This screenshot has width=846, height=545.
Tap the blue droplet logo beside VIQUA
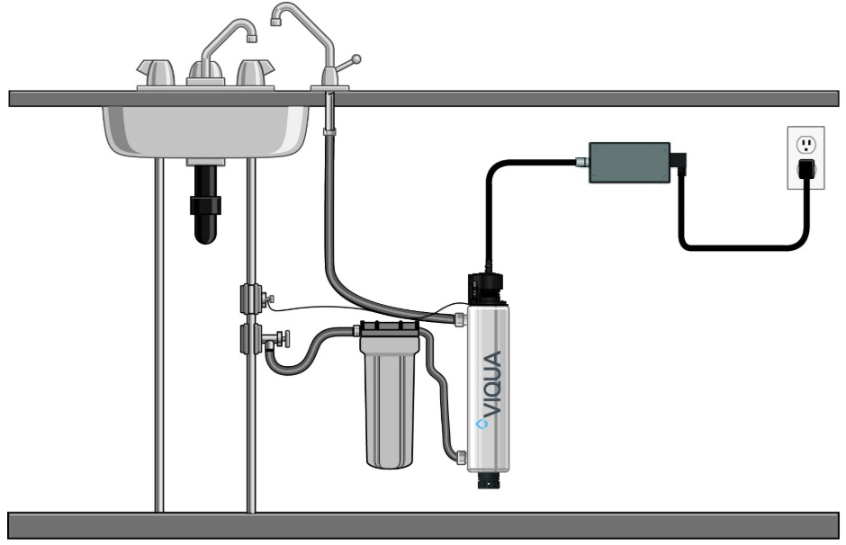[x=481, y=423]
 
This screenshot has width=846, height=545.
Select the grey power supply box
[x=629, y=162]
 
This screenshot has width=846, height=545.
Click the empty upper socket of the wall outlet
[x=806, y=143]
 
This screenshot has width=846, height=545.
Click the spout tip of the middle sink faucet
[x=252, y=36]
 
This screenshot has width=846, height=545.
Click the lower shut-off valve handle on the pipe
[x=282, y=339]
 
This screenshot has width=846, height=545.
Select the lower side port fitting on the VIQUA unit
[x=461, y=458]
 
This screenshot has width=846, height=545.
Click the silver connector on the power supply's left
[x=580, y=163]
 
